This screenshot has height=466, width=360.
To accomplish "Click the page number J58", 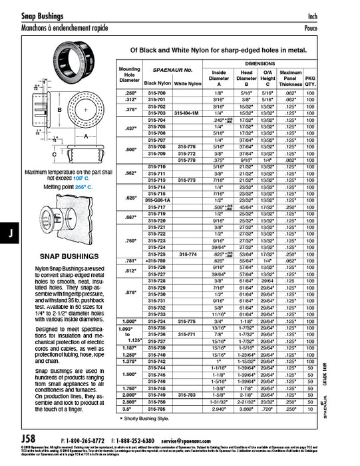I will point(29,439).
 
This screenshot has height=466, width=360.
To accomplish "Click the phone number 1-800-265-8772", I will point(85,441).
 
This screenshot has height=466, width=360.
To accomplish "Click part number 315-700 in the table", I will point(156,93).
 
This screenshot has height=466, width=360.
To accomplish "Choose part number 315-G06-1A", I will point(157,200).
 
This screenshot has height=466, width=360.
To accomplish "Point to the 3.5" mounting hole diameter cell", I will point(129,408).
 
